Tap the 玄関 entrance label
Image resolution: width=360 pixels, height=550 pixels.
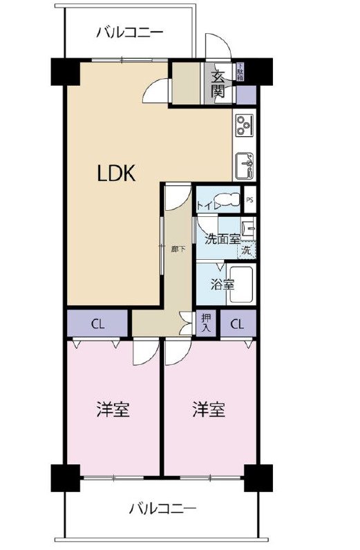click(218, 82)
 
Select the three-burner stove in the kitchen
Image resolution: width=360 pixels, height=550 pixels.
click(244, 125)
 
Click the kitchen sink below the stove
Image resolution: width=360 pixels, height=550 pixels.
click(245, 164)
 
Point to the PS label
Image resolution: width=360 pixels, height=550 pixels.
click(249, 200)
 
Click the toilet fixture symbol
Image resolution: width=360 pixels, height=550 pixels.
click(230, 201)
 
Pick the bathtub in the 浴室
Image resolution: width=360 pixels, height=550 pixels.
click(241, 284)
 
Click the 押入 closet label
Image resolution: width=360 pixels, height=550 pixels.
click(206, 323)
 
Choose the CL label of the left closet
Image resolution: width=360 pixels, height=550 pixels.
click(97, 323)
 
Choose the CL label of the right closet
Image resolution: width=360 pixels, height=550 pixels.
click(237, 323)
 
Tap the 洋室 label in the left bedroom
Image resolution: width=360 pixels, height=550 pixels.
click(113, 409)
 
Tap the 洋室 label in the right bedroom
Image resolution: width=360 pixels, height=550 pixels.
click(209, 409)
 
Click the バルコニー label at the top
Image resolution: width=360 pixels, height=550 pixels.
click(129, 32)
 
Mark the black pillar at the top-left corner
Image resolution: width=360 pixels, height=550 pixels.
click(65, 71)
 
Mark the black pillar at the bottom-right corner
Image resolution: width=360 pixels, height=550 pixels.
click(258, 477)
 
